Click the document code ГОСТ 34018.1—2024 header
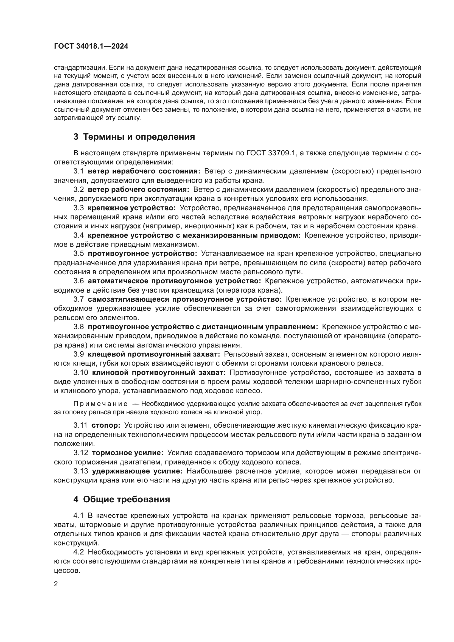pos(91,46)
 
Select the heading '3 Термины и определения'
pos(134,137)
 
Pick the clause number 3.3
pos(79,208)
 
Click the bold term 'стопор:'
pos(106,425)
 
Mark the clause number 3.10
pos(81,373)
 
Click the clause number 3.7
pos(79,299)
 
